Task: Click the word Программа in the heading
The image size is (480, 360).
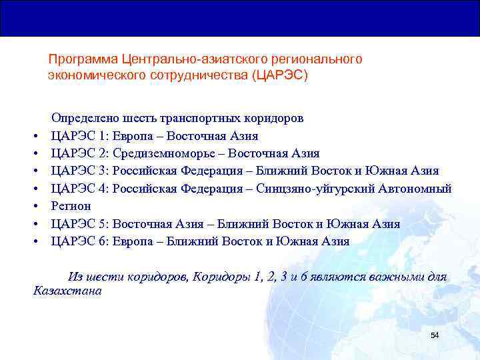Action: click(77, 59)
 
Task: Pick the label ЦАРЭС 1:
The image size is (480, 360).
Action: click(81, 136)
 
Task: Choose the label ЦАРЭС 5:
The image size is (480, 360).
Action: click(81, 223)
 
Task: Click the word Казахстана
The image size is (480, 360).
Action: click(67, 291)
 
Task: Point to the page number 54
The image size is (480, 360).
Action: click(435, 335)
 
